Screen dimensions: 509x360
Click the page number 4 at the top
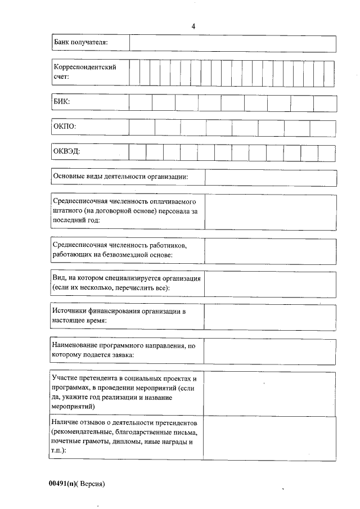[193, 26]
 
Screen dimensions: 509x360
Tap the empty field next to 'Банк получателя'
[232, 43]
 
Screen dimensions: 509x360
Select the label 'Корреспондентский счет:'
[84, 72]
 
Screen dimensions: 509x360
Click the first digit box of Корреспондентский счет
[134, 72]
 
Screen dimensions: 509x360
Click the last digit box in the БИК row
[325, 103]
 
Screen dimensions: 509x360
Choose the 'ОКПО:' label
[64, 127]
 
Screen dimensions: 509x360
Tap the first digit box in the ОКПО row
[142, 127]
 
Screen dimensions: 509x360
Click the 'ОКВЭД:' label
[66, 152]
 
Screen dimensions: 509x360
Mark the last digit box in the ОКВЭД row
[326, 152]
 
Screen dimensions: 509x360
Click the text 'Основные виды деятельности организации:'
[120, 177]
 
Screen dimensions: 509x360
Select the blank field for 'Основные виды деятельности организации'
[270, 177]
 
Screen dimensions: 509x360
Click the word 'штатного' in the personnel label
[66, 210]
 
